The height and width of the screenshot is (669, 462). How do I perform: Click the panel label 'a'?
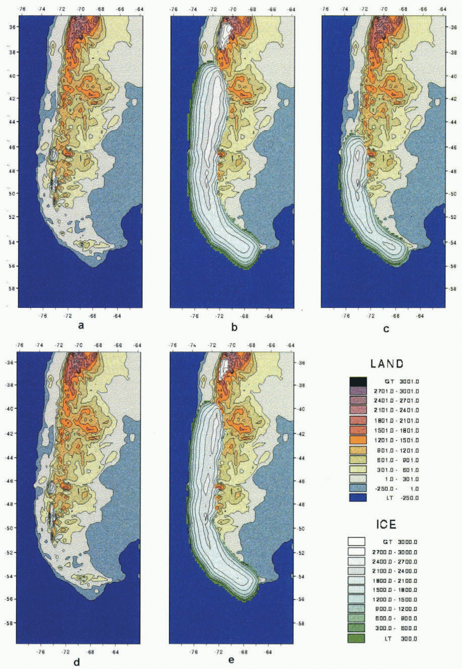[x=81, y=326]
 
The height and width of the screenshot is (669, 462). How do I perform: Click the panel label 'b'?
[x=234, y=327]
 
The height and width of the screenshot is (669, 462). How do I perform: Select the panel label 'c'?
[x=386, y=328]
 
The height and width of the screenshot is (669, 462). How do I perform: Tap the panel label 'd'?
[x=77, y=662]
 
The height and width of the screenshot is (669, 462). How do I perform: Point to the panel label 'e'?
[x=231, y=659]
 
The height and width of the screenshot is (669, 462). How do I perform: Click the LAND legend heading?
[x=387, y=364]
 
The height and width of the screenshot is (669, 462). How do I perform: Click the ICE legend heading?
[x=386, y=524]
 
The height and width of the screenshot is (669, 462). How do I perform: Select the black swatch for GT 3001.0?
[x=358, y=382]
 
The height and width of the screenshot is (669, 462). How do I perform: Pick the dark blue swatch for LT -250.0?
[x=358, y=497]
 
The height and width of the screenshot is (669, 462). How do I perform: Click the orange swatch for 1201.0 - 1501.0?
[x=358, y=440]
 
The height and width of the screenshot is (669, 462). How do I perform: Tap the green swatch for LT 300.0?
[x=356, y=638]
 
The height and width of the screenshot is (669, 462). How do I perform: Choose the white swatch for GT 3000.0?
[x=356, y=542]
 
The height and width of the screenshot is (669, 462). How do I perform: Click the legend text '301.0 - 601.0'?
[x=398, y=470]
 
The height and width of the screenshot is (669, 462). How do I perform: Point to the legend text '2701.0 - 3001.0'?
[x=396, y=391]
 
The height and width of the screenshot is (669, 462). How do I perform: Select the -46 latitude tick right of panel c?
[x=453, y=147]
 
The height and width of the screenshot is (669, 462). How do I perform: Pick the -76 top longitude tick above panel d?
[x=20, y=345]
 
